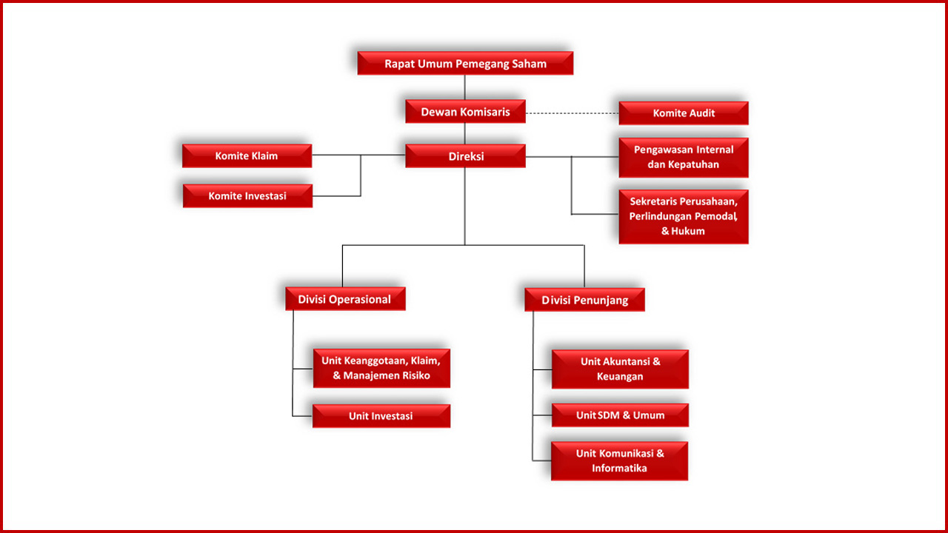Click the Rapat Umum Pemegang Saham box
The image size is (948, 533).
coord(465,64)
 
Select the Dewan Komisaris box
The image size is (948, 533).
coord(465,112)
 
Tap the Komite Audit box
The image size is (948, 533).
coord(684,113)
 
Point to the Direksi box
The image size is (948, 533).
coord(465,156)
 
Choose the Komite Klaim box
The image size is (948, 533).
coord(247,155)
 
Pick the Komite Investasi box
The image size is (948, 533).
coord(247,196)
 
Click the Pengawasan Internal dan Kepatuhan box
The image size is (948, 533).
coord(684,158)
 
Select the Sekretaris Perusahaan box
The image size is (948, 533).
coord(684,217)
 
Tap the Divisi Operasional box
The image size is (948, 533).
coord(345,299)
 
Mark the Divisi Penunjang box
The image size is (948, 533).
coord(584,300)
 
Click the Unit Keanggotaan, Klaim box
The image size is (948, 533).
coord(381,368)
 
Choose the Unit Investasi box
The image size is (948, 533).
coord(381,416)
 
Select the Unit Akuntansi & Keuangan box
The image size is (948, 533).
coord(620,369)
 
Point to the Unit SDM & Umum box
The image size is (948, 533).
coord(620,415)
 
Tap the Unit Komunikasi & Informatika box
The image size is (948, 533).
coord(620,461)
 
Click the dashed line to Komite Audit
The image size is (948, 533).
coord(573,113)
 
